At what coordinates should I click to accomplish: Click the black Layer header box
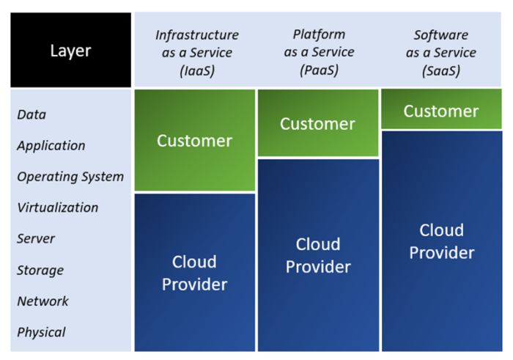pos(70,50)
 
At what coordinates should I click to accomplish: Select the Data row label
pos(32,114)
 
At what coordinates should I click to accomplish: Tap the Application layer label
pos(51,146)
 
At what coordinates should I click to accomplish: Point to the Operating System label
pos(70,177)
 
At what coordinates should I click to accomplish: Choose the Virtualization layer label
pos(58,207)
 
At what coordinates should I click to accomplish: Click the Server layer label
pos(36,238)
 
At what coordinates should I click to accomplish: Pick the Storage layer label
pos(40,271)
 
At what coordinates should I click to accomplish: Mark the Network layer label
pos(43,301)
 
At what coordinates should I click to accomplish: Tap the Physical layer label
pos(41,333)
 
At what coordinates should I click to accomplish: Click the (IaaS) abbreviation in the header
pos(197,70)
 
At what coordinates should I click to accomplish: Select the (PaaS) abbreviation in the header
pos(319,70)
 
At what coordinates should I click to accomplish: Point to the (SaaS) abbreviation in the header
pos(441,70)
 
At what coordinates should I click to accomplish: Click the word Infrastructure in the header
pos(197,35)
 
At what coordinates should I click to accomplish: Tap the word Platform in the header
pos(319,34)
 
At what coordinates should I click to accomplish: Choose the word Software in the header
pos(441,35)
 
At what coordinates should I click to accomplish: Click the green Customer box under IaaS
pos(195,140)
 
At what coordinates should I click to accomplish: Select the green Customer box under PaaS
pos(318,123)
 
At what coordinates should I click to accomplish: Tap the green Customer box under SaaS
pos(441,109)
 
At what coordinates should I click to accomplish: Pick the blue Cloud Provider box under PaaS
pos(318,255)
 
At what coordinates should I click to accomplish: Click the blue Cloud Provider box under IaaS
pos(195,273)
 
